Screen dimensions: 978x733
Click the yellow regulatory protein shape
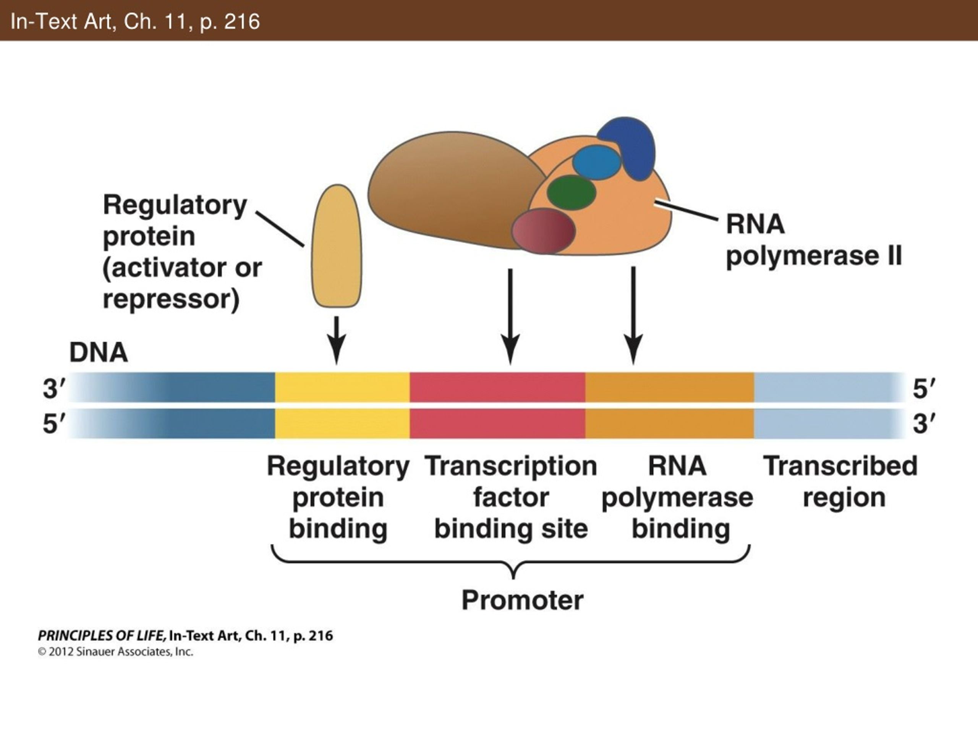[x=337, y=245]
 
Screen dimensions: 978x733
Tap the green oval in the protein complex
[x=571, y=192]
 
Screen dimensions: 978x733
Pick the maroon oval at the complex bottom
[x=543, y=231]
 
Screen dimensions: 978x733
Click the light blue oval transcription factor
[x=596, y=162]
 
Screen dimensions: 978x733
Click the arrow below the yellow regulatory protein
[x=337, y=340]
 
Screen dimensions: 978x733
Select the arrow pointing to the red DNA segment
[x=510, y=316]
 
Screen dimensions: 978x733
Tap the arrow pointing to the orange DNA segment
[x=633, y=315]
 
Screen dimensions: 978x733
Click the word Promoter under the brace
[x=522, y=600]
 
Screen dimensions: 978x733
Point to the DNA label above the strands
[x=99, y=353]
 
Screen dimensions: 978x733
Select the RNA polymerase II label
[x=813, y=240]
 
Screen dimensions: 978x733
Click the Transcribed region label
[x=840, y=481]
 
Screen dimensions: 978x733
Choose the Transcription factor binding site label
[x=511, y=497]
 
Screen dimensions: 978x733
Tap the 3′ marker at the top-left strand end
[x=53, y=389]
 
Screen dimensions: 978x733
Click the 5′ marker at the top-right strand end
[x=924, y=389]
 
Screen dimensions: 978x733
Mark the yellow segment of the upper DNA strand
[x=342, y=387]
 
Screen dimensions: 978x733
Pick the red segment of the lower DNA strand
[x=497, y=423]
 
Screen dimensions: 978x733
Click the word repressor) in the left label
[x=171, y=300]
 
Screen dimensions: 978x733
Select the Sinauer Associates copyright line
[x=115, y=652]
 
